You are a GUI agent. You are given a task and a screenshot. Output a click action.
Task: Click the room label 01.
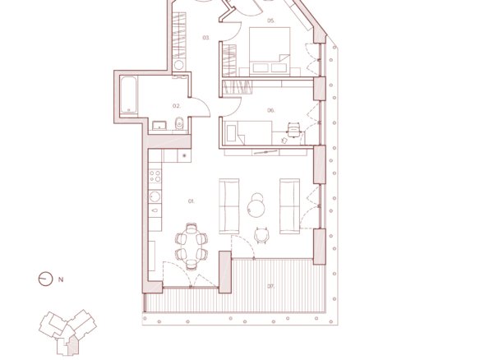[x=191, y=201]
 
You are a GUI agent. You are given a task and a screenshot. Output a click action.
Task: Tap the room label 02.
[x=177, y=106]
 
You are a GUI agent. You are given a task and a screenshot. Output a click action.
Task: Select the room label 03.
[x=206, y=38]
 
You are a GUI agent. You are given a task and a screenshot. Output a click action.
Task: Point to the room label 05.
[x=271, y=21]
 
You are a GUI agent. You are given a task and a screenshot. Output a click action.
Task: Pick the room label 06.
[x=271, y=110]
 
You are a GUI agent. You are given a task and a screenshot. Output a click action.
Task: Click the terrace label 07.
[x=271, y=287]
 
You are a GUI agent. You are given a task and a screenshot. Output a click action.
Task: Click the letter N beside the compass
[x=61, y=279]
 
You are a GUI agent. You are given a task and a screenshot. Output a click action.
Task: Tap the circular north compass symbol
[x=45, y=279]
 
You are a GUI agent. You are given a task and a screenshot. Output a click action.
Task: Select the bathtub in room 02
[x=128, y=95]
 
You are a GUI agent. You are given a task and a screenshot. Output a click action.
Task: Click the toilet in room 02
[x=179, y=123]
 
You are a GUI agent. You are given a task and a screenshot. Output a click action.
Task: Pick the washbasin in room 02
[x=159, y=125]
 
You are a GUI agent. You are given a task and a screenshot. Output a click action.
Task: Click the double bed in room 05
[x=270, y=51]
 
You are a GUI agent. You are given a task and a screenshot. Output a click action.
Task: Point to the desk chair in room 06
[x=293, y=130]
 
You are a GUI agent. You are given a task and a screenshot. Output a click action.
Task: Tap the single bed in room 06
[x=248, y=132]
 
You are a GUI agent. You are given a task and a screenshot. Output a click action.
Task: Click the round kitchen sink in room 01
[x=155, y=196]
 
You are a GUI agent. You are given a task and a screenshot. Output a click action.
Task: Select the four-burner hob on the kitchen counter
[x=155, y=176]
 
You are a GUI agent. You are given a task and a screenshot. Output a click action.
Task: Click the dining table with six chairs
[x=192, y=247]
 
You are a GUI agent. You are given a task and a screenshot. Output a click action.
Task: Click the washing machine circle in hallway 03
[x=179, y=65]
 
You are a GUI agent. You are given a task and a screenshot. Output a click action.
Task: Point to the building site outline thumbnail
[x=67, y=333]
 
